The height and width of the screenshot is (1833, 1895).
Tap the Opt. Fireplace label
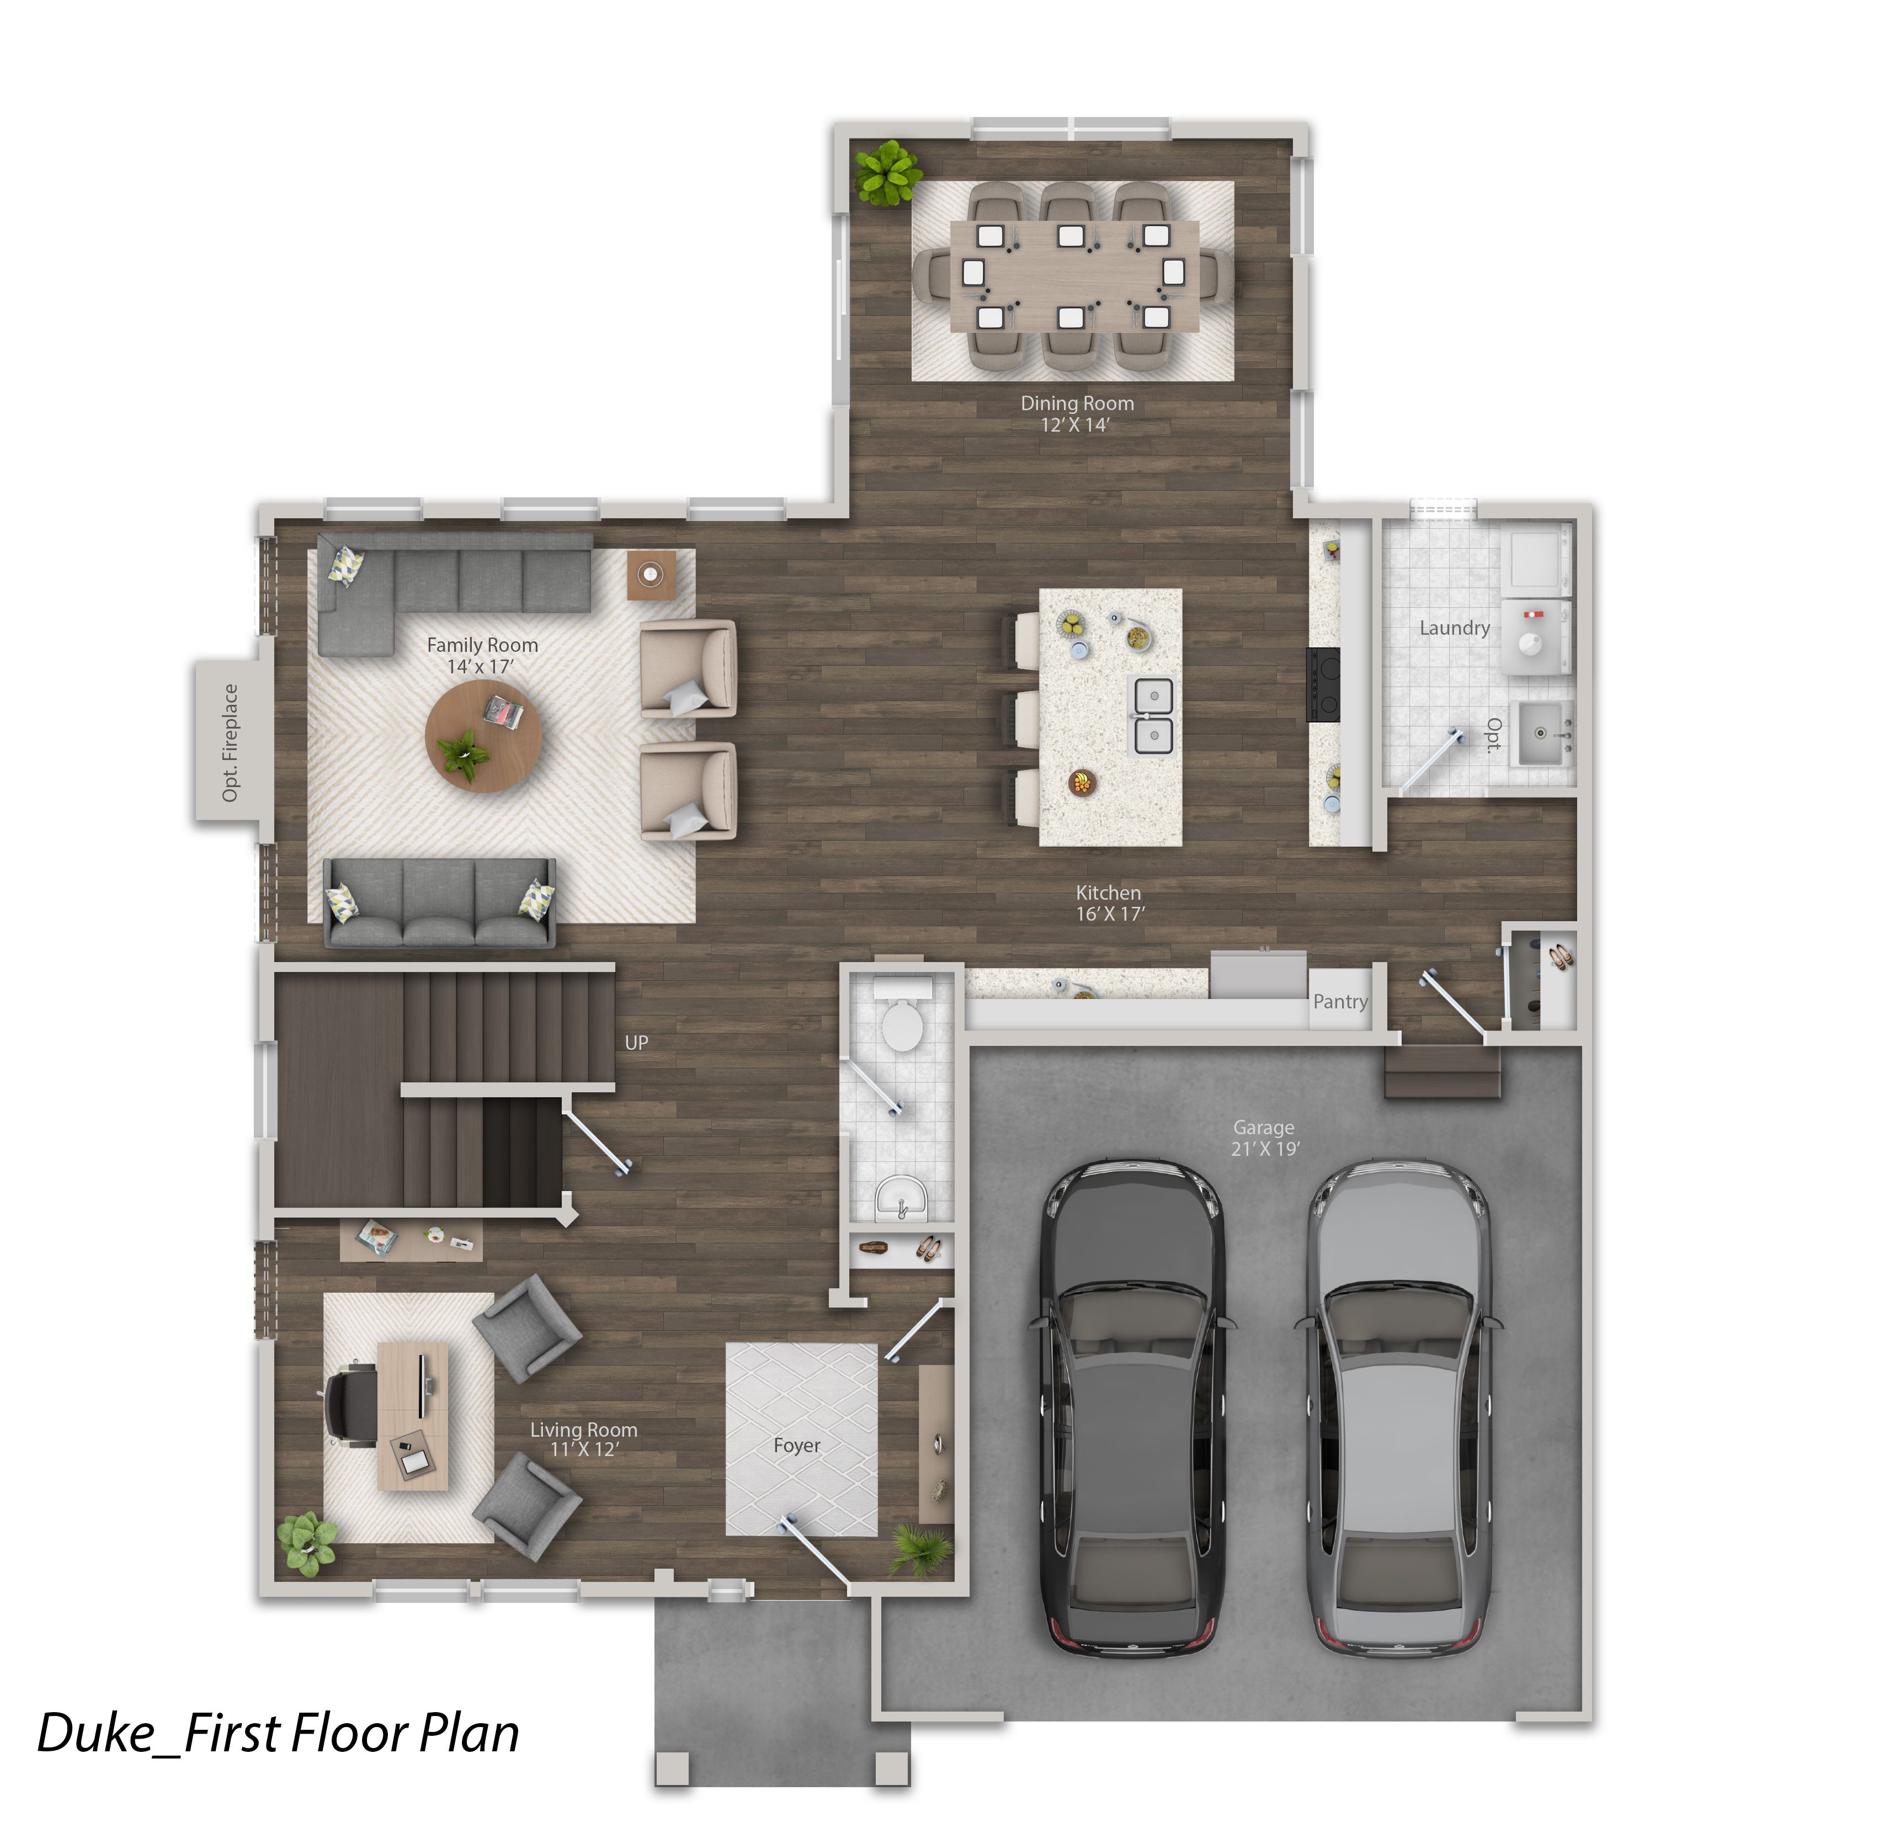coord(229,742)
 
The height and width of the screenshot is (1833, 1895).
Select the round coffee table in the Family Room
coord(483,736)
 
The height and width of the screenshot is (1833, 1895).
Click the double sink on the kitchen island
coord(1153,715)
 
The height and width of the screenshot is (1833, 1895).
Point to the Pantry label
coord(1340,1002)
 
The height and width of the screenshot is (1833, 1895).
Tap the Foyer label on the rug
coord(797,1446)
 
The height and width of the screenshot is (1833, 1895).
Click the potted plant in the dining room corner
coord(887,174)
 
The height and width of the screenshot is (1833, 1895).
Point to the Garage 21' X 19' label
coord(1265,1138)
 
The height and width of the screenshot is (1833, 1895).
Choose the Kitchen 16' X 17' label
coord(1110,903)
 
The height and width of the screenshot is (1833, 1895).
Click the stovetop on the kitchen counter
coord(1324,684)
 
